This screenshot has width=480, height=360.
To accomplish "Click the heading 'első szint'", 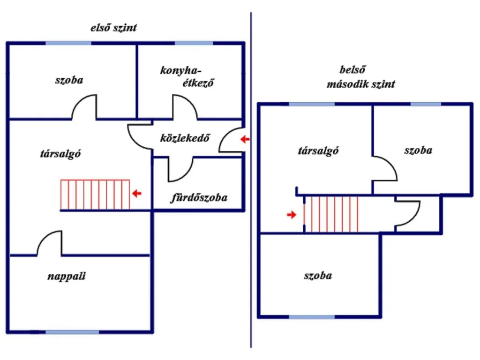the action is coord(113,28).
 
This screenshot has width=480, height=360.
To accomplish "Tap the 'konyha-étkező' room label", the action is coord(187,76).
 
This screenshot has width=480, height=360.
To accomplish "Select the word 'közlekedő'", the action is coord(185,138).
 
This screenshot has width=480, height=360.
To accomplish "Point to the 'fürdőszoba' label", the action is coord(199,197).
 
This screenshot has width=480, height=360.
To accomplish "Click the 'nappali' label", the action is coord(67,277).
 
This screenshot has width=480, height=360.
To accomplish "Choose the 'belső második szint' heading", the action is coord(360,77).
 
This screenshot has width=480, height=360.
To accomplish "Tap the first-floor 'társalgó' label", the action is coord(60,153).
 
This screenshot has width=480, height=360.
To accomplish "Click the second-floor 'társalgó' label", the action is coord(318,150).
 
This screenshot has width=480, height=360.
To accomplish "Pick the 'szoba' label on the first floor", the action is coord(69,80).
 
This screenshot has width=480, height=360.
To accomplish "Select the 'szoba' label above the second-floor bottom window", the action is coord(318,276).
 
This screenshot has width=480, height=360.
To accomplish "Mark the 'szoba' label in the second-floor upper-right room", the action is coord(418,150).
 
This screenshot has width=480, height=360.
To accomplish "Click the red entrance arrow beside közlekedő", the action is coord(245,139).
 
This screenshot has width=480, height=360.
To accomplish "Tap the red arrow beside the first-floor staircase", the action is coord(136,193).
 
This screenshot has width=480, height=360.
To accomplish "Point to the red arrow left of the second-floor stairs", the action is coord(292,215).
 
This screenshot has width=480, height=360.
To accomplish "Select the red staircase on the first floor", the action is coord(95,195).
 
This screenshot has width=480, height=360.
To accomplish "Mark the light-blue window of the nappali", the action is coord(72,332).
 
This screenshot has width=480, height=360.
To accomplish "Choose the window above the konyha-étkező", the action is coord(194,43).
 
